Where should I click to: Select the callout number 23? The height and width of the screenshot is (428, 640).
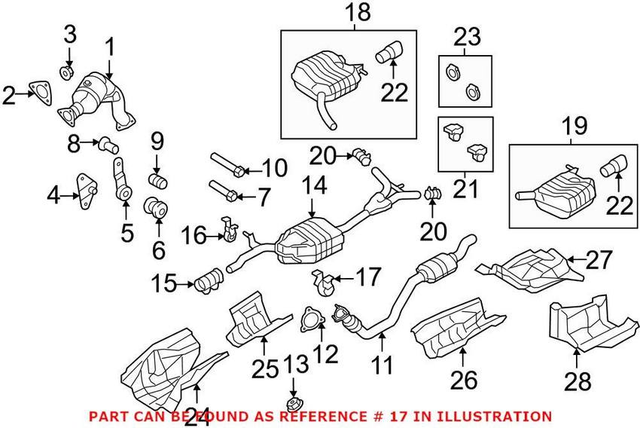[465, 36]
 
